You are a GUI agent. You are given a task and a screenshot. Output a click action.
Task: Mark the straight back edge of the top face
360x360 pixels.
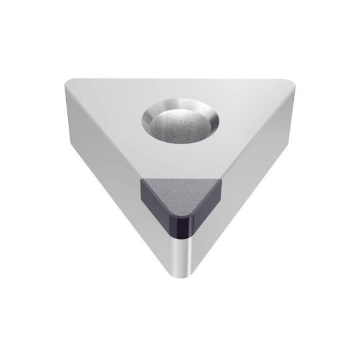pyautogui.click(x=180, y=77)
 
